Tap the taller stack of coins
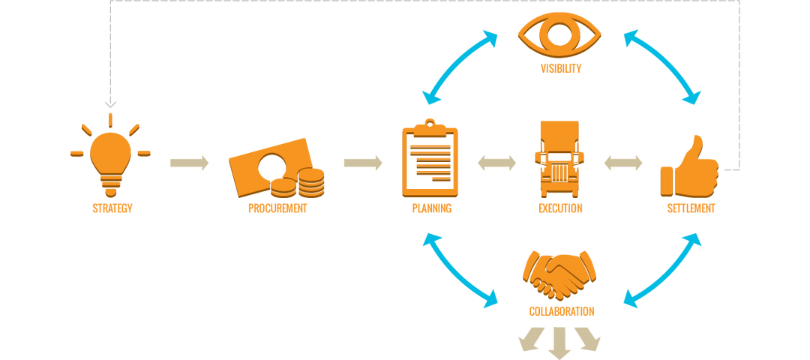pyautogui.click(x=312, y=183)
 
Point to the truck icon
pyautogui.click(x=559, y=159)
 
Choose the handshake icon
pyautogui.click(x=560, y=274)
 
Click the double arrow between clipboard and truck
pyautogui.click(x=496, y=163)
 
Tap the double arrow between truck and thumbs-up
pyautogui.click(x=623, y=163)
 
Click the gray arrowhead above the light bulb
pyautogui.click(x=110, y=103)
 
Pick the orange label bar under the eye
pyautogui.click(x=560, y=67)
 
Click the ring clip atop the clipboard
pyautogui.click(x=429, y=121)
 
